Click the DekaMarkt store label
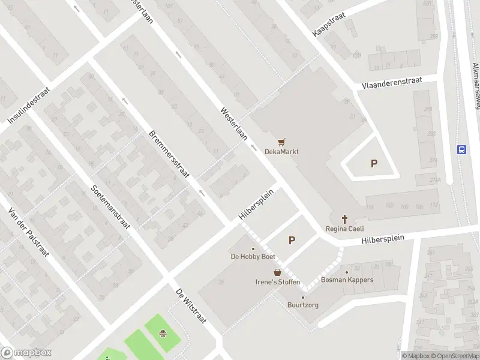281,152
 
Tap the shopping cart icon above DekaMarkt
281,142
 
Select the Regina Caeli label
345,229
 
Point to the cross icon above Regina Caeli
345,219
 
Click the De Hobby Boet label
253,257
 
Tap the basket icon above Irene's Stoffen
278,272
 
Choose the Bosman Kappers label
347,280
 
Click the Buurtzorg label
303,305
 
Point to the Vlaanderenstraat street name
392,83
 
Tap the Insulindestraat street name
29,105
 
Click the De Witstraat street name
191,306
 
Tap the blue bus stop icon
462,149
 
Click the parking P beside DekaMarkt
374,163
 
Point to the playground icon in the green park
163,334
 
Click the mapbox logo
26,353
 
